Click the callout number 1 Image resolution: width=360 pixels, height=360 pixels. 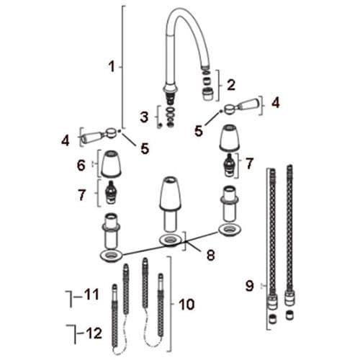[x=112, y=67]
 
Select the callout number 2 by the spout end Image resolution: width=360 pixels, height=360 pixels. [x=231, y=84]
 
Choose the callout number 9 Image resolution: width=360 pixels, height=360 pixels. [x=250, y=286]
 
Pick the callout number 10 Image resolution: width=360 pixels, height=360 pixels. [x=186, y=305]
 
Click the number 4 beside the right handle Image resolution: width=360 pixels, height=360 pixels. [x=275, y=103]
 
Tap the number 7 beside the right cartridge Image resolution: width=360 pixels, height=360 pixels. [x=250, y=163]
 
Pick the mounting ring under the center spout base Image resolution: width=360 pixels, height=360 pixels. [x=170, y=240]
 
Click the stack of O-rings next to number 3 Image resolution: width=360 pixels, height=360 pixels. [x=171, y=114]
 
